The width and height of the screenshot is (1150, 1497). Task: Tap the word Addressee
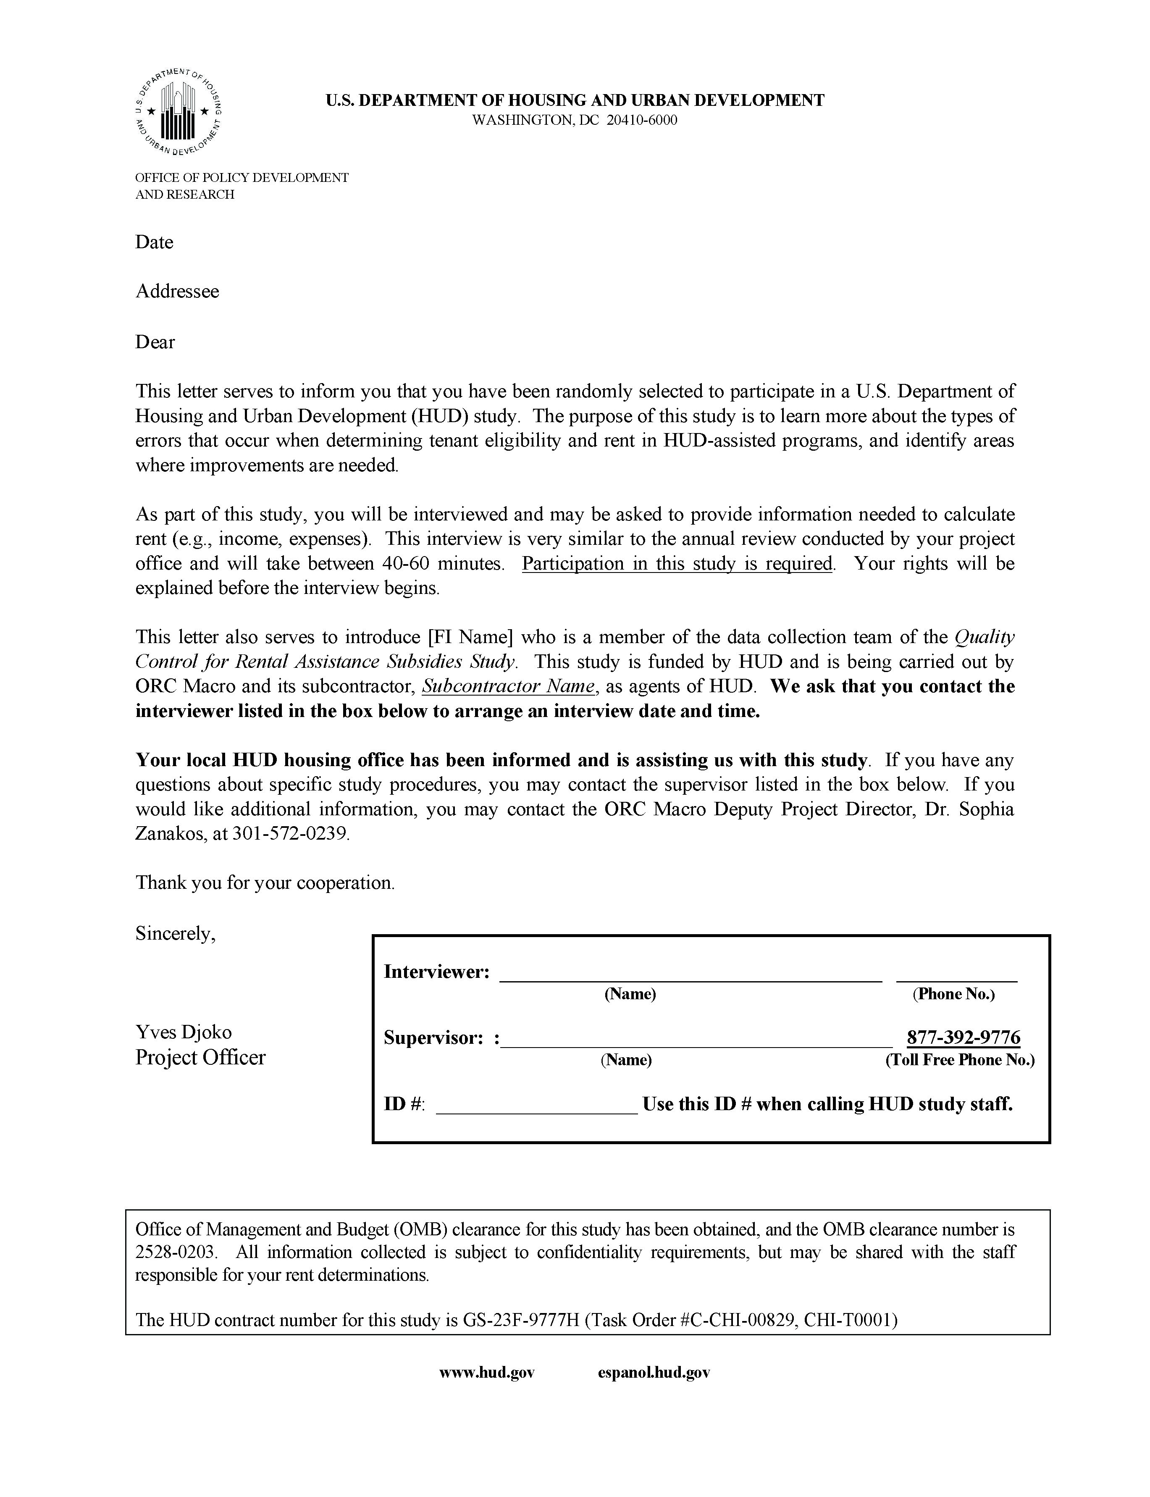177,292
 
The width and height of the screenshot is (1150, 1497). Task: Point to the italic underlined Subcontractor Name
508,687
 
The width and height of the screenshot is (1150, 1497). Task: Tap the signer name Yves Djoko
184,1032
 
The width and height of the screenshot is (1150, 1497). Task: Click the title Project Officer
200,1058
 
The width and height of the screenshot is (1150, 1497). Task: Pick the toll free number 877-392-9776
963,1038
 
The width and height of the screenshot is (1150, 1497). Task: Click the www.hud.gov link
487,1372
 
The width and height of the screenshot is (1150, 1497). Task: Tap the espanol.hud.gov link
654,1372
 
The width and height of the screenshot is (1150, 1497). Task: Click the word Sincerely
175,934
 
